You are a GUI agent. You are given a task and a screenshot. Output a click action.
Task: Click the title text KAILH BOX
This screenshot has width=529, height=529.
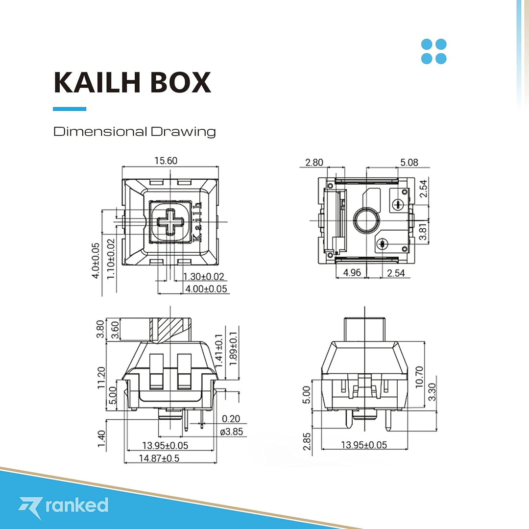(x=132, y=82)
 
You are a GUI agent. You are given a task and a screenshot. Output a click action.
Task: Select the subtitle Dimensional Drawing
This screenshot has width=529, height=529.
(x=134, y=132)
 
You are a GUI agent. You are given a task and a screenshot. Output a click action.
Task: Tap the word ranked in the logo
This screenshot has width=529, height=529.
(x=76, y=505)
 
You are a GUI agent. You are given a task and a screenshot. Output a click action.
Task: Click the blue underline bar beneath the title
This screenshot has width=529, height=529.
(x=69, y=109)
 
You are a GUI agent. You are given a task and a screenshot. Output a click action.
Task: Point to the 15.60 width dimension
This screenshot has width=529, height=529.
(x=166, y=161)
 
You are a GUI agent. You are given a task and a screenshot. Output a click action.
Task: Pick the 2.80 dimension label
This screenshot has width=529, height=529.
(x=313, y=162)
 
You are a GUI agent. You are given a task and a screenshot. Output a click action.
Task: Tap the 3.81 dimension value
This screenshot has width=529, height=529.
(x=423, y=231)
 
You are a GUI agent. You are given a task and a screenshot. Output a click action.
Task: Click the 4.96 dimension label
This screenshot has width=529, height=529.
(x=352, y=273)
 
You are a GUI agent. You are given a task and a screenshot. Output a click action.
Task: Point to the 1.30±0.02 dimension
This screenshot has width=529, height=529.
(x=203, y=277)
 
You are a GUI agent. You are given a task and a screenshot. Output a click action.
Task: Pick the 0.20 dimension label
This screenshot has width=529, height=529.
(x=231, y=419)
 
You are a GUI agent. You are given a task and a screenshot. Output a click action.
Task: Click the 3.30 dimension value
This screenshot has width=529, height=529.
(x=432, y=391)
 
